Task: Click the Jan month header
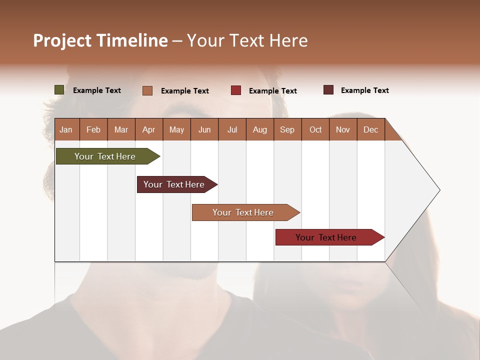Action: click(66, 129)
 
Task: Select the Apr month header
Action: click(148, 129)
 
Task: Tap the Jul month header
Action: click(232, 129)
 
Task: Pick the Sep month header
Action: click(287, 129)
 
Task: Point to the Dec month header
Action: click(370, 129)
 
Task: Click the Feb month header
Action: click(93, 129)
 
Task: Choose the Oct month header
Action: click(315, 129)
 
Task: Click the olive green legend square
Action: click(59, 90)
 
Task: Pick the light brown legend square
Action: click(147, 90)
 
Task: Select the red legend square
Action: click(236, 90)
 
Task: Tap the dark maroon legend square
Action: click(328, 90)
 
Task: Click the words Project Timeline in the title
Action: click(100, 40)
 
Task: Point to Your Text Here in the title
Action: click(247, 40)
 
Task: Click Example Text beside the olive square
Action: click(97, 90)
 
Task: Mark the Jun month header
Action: click(204, 129)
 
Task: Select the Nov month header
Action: click(343, 129)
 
